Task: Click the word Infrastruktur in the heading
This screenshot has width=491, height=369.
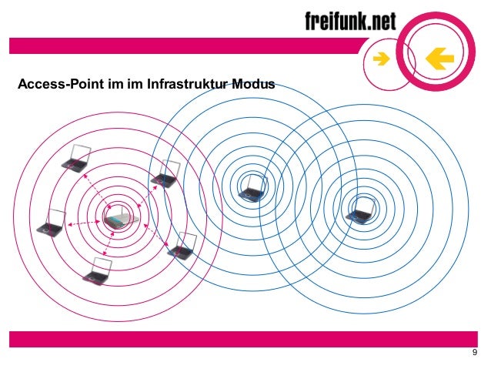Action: coord(186,82)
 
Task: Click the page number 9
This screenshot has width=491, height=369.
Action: coord(474,354)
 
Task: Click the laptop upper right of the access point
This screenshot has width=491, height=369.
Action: coord(165,176)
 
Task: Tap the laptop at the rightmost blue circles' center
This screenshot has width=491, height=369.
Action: coord(359,210)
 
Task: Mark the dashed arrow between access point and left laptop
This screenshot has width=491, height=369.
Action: coord(83,223)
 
